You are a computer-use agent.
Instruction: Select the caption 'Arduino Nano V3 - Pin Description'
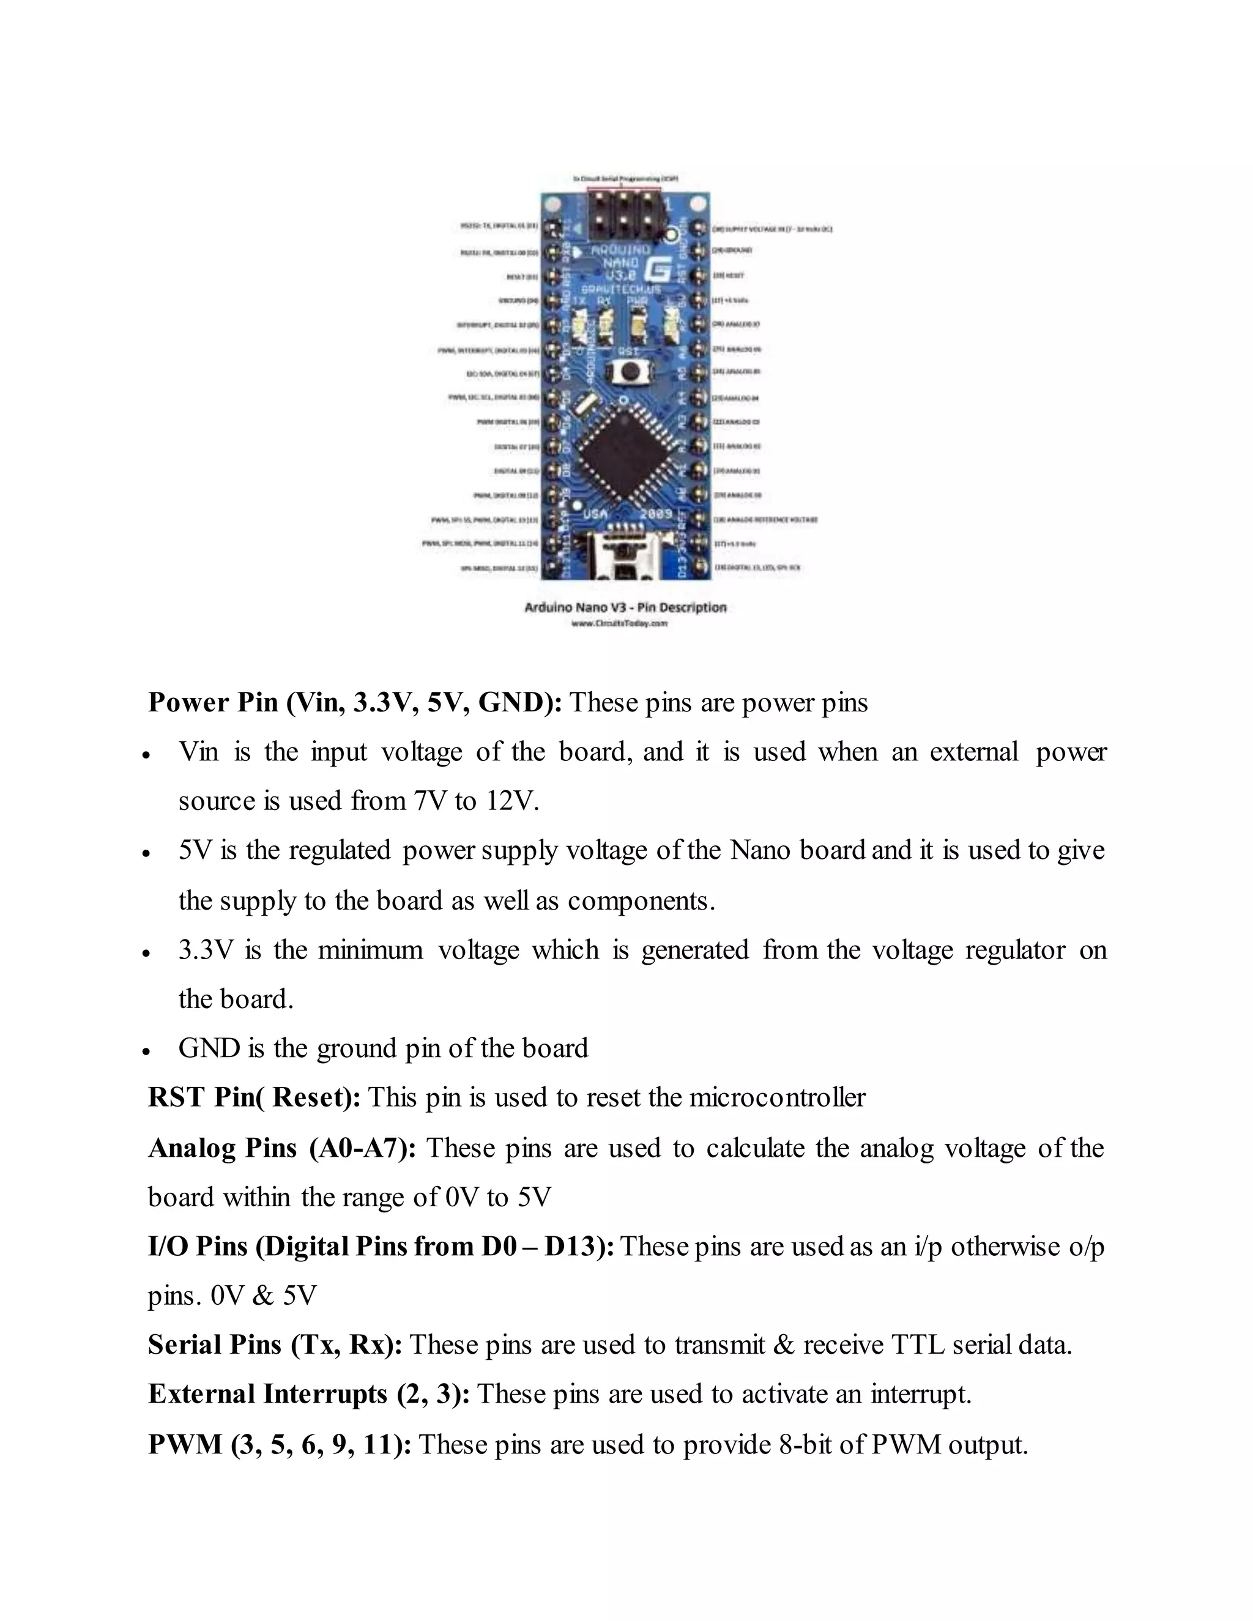pos(625,607)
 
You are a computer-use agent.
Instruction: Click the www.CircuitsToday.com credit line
pos(619,624)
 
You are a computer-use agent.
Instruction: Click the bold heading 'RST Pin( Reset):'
pos(254,1097)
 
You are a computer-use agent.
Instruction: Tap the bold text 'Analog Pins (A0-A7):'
pos(282,1148)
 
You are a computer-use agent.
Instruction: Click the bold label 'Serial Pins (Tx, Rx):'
pos(275,1344)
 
